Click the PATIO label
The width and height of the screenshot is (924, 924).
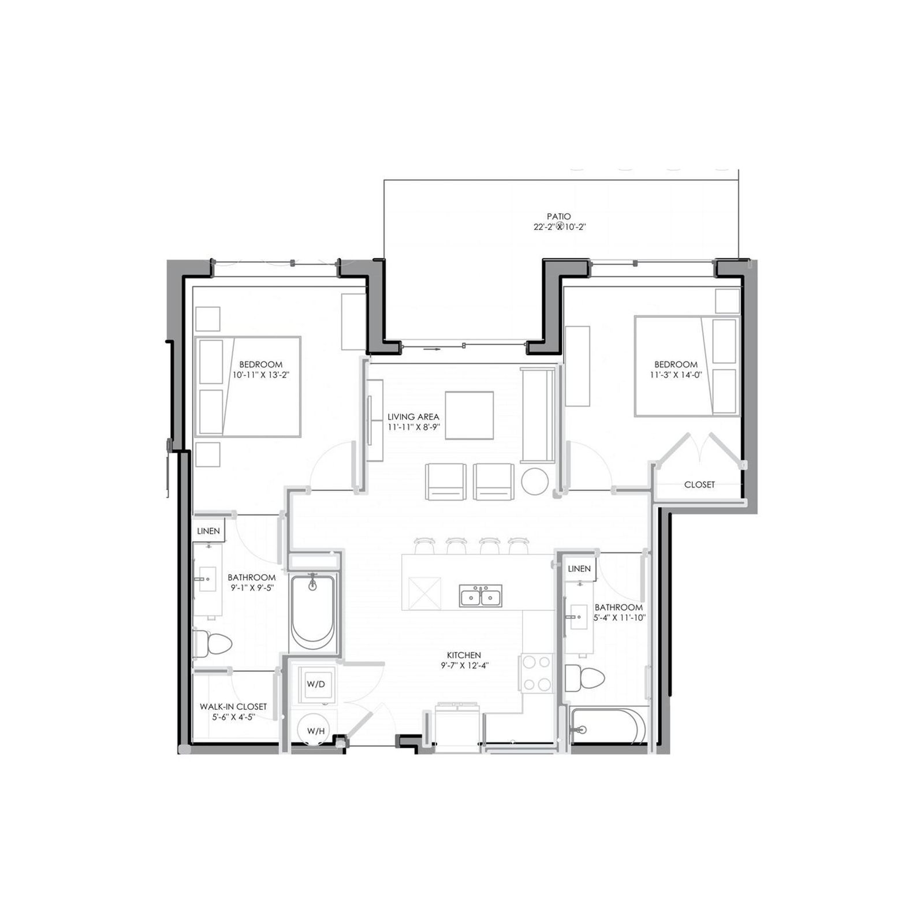pos(558,217)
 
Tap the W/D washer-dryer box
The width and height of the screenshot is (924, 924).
pos(316,684)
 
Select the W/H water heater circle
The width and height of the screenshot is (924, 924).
pos(315,731)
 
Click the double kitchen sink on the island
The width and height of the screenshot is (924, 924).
pos(480,595)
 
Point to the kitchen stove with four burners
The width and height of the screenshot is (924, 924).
pos(536,673)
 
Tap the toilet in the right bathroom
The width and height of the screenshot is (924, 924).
pos(584,678)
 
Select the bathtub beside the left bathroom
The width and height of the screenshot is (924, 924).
pos(312,612)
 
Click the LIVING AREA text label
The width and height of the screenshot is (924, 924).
pos(413,416)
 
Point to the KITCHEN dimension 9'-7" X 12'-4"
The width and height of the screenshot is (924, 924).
pos(464,665)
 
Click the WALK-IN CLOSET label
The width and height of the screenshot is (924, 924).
pos(233,706)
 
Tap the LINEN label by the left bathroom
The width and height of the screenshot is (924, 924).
pos(208,531)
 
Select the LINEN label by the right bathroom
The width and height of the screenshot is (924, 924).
pos(579,569)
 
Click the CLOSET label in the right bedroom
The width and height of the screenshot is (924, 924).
pos(699,485)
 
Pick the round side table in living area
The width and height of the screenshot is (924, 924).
pos(535,480)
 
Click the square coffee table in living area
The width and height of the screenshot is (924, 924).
pos(469,415)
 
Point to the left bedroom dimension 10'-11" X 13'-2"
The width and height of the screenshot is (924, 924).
pos(260,374)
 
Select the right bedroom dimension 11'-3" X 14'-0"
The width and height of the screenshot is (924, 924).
pos(676,374)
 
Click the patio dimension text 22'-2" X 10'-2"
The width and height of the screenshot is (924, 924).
pos(560,227)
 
